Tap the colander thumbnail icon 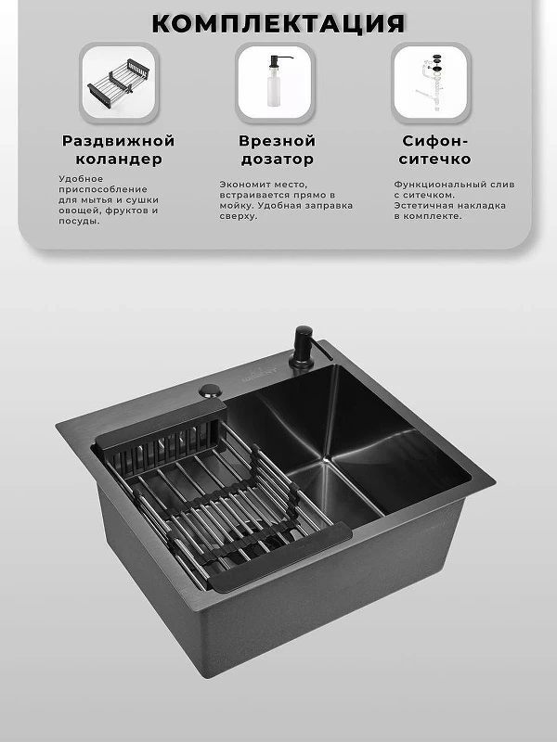[119, 83]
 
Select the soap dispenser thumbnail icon [275, 83]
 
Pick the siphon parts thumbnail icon [431, 83]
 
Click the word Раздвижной [119, 141]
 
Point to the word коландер [119, 159]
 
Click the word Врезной [277, 141]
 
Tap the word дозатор [277, 160]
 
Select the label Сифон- [434, 141]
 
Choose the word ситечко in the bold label [434, 159]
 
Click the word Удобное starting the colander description [81, 179]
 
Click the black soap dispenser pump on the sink [303, 347]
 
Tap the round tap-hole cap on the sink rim [211, 390]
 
